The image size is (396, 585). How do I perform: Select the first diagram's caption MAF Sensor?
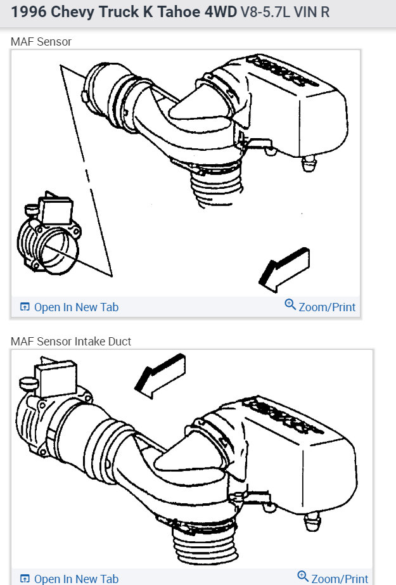point(41,42)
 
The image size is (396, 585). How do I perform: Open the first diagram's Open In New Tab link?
point(76,307)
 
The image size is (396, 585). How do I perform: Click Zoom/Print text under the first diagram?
point(327,307)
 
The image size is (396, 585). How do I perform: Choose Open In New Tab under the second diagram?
point(76,578)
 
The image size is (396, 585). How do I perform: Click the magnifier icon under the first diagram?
point(290,305)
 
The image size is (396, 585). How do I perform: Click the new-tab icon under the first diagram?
point(25,307)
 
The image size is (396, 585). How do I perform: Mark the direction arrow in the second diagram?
point(160,376)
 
